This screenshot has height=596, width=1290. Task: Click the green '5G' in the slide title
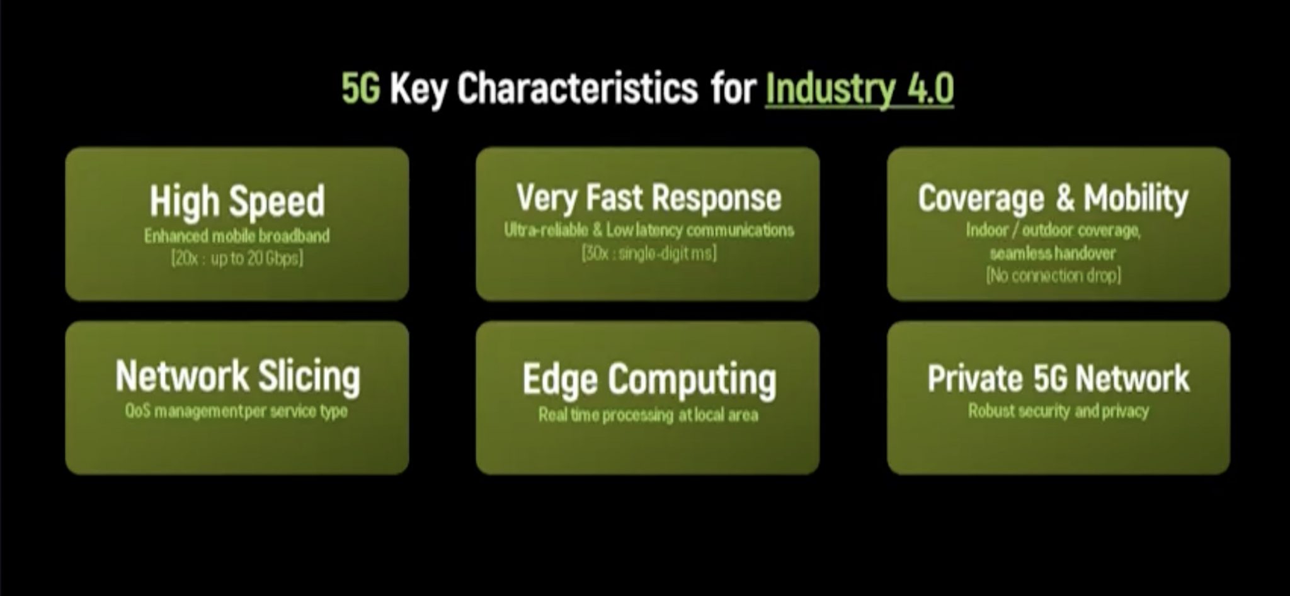click(x=361, y=88)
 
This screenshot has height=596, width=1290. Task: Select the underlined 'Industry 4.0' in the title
click(x=860, y=89)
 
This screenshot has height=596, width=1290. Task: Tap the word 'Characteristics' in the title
click(x=578, y=88)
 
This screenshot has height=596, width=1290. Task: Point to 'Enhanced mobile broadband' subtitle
click(x=237, y=236)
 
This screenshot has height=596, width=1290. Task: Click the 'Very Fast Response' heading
click(x=649, y=198)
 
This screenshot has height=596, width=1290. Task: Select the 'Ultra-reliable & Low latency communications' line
click(x=649, y=230)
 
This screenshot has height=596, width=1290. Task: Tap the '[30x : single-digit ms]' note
click(x=649, y=254)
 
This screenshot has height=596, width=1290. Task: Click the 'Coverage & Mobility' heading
click(x=1053, y=199)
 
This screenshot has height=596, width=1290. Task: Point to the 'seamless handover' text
click(x=1053, y=254)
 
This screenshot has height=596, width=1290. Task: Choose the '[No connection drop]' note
click(x=1053, y=276)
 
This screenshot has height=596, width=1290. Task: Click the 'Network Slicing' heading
click(x=238, y=377)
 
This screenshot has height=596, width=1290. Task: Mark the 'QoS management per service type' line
click(x=236, y=412)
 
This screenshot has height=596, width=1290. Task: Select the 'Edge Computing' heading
click(x=649, y=381)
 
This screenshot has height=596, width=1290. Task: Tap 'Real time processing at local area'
click(x=648, y=415)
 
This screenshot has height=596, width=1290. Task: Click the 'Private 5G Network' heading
click(x=1058, y=379)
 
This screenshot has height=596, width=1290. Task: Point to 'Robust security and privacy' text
click(x=1058, y=412)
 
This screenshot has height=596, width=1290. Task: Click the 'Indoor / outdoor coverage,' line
click(x=1053, y=230)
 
